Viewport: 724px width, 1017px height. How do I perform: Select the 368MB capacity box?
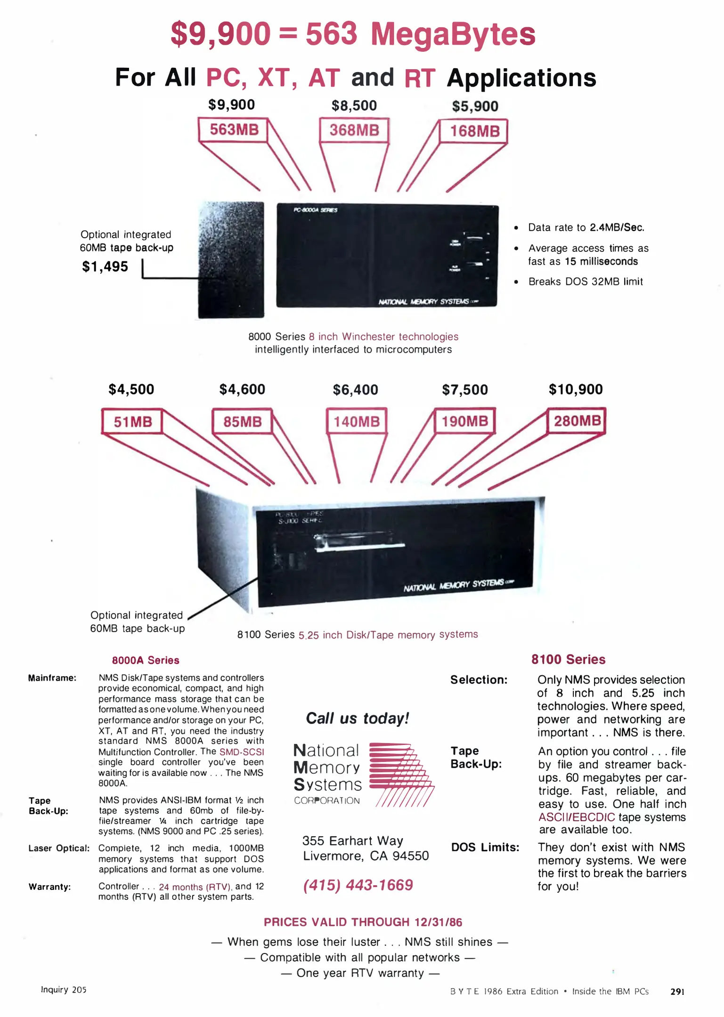tap(354, 130)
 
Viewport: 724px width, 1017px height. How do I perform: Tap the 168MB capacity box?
tap(474, 131)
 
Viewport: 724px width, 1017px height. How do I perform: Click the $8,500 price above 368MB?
tap(354, 105)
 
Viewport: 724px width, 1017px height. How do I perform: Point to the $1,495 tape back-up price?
tap(105, 266)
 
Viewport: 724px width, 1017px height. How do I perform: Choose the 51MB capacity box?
tap(132, 421)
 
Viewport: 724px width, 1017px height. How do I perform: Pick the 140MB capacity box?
tap(357, 421)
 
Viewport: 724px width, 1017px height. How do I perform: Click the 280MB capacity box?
tap(577, 420)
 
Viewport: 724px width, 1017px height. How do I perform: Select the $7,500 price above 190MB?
tap(465, 390)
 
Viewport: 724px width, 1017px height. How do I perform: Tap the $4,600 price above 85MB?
tap(242, 389)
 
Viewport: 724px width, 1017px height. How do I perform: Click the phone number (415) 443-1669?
tap(358, 885)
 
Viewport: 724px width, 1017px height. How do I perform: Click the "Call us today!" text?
tap(357, 718)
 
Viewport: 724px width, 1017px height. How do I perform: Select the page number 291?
tap(677, 991)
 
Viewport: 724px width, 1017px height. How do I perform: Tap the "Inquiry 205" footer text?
tap(64, 990)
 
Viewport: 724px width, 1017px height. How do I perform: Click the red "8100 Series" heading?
tap(568, 659)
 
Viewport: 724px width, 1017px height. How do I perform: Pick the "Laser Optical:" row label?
tap(59, 848)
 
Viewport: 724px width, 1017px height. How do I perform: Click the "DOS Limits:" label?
tap(485, 847)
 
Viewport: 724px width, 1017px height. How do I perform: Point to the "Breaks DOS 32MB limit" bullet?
tap(585, 282)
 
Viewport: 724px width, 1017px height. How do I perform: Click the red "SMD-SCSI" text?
tap(242, 752)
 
